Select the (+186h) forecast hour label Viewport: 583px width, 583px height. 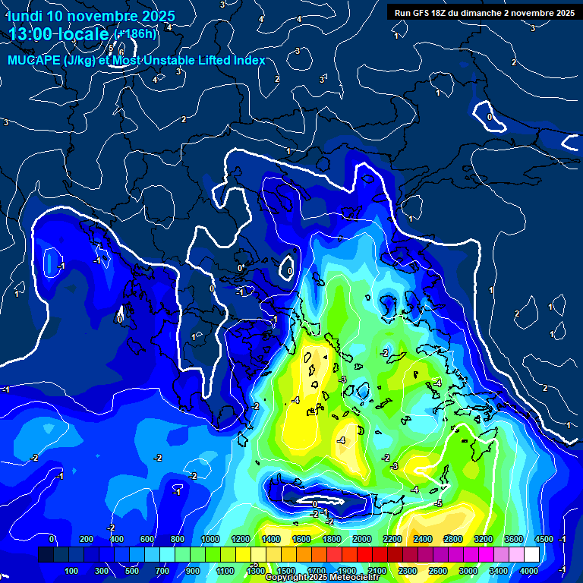pos(137,34)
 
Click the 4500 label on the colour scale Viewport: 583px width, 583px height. pos(543,539)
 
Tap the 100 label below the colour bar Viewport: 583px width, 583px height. pos(73,571)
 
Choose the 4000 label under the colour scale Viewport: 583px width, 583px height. pos(529,571)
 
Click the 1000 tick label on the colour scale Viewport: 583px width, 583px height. pos(210,539)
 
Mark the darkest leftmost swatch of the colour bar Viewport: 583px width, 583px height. pos(46,555)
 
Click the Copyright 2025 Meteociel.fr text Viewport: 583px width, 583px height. pos(322,578)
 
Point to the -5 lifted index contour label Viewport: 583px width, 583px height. pos(438,503)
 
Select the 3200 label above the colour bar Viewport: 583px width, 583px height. pos(484,539)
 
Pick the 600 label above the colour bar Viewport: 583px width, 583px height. pos(147,539)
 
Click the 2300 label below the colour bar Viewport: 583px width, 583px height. pos(408,571)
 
